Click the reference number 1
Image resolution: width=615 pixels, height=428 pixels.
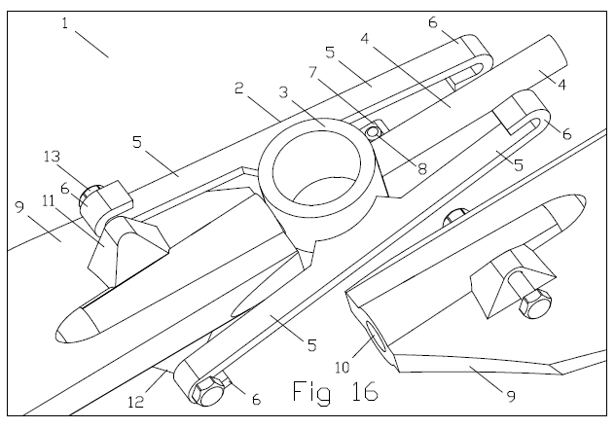[65, 23]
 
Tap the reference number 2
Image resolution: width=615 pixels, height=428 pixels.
[238, 89]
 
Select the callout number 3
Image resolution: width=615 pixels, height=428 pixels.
[283, 92]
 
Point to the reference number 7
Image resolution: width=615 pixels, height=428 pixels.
[312, 72]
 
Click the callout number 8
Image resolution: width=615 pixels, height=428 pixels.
[422, 169]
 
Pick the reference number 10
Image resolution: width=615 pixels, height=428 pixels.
[342, 368]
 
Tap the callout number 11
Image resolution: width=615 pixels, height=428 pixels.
[49, 201]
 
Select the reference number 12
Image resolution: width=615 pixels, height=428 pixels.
[136, 402]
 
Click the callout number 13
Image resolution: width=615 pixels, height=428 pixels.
[53, 157]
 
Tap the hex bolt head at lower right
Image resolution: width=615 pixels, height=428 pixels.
[535, 303]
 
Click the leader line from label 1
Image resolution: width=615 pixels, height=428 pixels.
[91, 45]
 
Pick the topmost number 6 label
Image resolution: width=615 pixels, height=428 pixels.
[433, 22]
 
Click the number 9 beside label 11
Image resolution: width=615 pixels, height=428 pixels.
[20, 207]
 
